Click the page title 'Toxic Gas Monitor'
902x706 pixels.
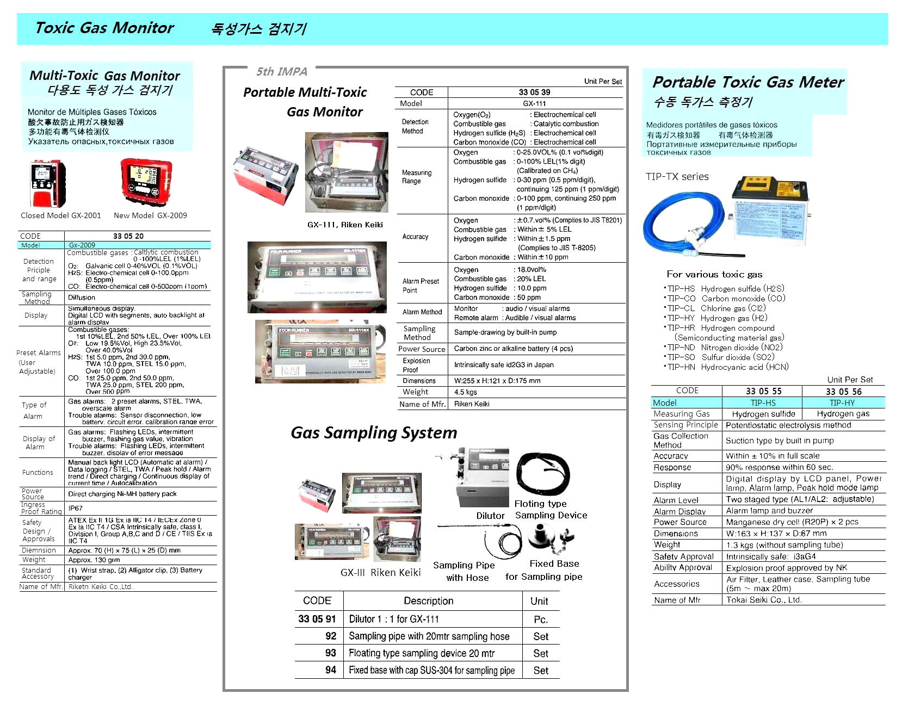click(x=104, y=28)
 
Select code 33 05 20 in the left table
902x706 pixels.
click(x=128, y=236)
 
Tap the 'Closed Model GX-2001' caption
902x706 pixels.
click(x=61, y=215)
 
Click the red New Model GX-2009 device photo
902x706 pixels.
click(x=146, y=183)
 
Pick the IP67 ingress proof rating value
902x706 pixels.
click(x=76, y=508)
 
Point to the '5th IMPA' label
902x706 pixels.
click(x=282, y=72)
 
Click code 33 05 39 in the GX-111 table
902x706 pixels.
click(x=534, y=92)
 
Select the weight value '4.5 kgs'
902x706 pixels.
click(x=466, y=392)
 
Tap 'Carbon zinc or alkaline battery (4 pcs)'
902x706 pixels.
click(x=513, y=349)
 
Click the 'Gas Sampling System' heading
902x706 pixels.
click(x=374, y=433)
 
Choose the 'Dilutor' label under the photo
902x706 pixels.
click(x=490, y=516)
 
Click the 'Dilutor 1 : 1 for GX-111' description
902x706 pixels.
click(x=394, y=619)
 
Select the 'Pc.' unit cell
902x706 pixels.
click(x=540, y=620)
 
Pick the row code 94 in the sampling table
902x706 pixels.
click(x=331, y=670)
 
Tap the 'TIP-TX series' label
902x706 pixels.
click(x=677, y=177)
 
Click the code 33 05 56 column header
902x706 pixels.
click(x=843, y=392)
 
